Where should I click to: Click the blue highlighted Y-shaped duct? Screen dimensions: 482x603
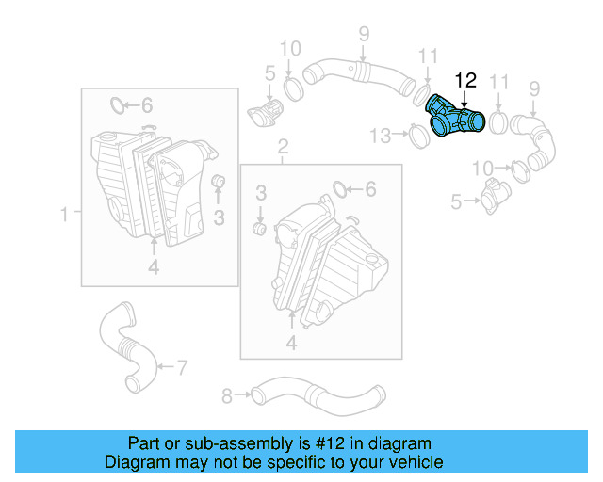click(455, 117)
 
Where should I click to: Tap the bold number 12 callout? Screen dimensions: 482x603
click(465, 80)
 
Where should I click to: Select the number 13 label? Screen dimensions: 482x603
click(379, 137)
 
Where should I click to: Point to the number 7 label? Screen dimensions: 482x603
click(182, 365)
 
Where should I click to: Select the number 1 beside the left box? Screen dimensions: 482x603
click(65, 216)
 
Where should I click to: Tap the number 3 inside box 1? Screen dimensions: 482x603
click(218, 219)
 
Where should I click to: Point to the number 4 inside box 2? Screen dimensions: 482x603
click(291, 345)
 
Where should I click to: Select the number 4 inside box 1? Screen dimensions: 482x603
click(153, 268)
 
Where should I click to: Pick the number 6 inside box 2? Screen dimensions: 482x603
click(370, 189)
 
